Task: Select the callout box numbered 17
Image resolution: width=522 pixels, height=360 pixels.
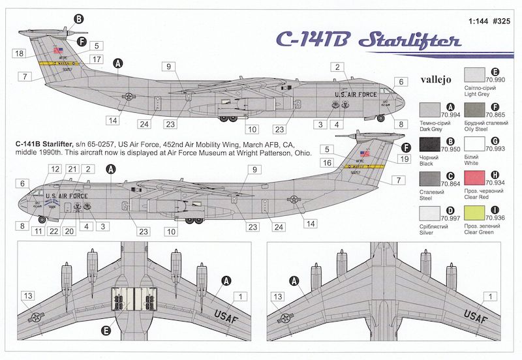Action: (96, 59)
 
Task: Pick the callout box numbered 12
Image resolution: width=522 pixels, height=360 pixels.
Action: (54, 169)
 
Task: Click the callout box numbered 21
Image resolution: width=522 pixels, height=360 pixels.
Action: (72, 169)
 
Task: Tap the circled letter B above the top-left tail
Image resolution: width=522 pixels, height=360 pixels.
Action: (79, 19)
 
